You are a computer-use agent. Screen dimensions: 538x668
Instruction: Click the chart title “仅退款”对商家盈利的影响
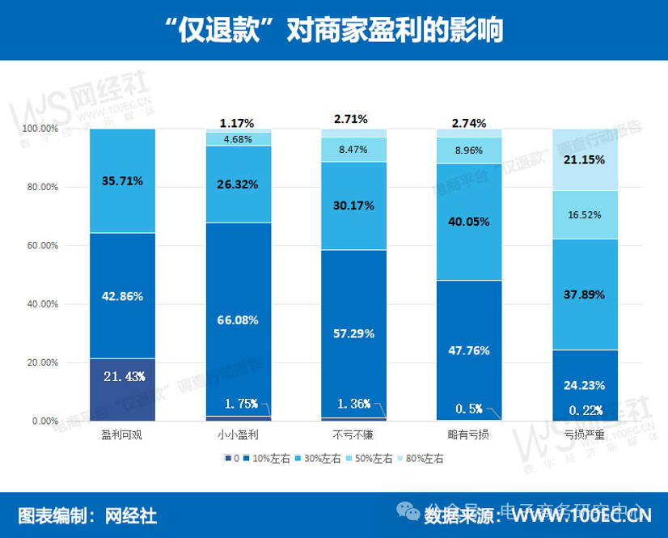pos(333,30)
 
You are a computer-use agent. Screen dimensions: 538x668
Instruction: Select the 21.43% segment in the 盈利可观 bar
pos(123,389)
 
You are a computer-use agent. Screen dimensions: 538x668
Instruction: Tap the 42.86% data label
pos(123,296)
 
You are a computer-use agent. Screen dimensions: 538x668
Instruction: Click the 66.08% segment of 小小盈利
pos(238,320)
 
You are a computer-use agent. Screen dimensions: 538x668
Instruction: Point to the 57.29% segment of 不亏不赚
pos(354,333)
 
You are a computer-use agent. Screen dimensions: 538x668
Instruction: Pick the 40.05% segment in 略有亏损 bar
pos(469,222)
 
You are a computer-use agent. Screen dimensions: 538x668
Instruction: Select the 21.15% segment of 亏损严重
pos(585,159)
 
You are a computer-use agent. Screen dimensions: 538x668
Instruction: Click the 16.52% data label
pos(585,215)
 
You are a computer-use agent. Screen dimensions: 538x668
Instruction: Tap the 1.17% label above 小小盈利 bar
pos(237,124)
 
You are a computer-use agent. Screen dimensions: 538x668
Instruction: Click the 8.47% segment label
pos(354,149)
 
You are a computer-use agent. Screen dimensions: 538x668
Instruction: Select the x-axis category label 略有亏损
pos(469,435)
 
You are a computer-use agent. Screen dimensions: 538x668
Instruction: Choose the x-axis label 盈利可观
pos(123,435)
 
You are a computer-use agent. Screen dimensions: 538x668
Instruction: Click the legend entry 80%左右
pos(427,459)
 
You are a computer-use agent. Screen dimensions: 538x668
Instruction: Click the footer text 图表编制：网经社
pos(88,515)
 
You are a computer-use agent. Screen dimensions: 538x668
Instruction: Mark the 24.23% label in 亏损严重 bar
pos(585,385)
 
